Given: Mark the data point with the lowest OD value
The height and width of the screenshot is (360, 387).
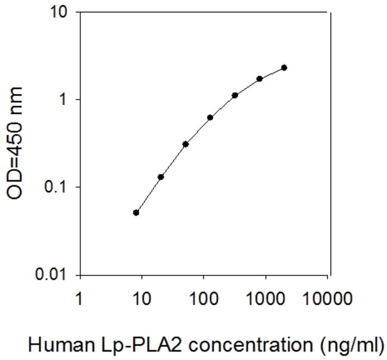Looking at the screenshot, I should pyautogui.click(x=136, y=212).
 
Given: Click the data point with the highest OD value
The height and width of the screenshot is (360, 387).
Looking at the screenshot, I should pyautogui.click(x=284, y=67).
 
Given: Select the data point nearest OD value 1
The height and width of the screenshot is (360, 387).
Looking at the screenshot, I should pyautogui.click(x=235, y=95).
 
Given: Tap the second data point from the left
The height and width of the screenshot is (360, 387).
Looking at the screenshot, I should pyautogui.click(x=161, y=177).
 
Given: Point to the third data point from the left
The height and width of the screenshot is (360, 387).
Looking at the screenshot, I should pyautogui.click(x=186, y=144).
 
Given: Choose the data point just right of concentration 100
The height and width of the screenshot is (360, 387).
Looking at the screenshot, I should pyautogui.click(x=210, y=117).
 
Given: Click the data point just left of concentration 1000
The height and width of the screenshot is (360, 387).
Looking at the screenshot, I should pyautogui.click(x=260, y=79).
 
